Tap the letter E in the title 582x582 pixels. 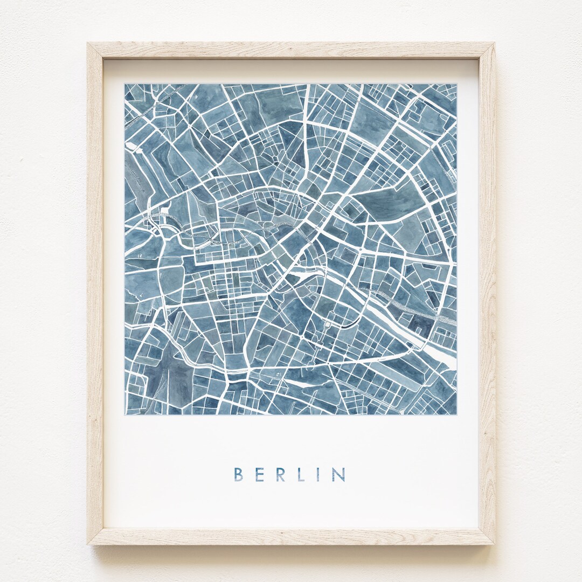[x=258, y=474]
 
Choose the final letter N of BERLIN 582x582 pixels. [x=339, y=474]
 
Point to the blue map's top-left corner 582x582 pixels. [x=125, y=84]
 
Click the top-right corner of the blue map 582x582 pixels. [x=456, y=84]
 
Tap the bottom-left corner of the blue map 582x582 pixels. [x=125, y=414]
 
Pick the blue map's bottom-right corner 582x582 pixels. [x=456, y=414]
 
